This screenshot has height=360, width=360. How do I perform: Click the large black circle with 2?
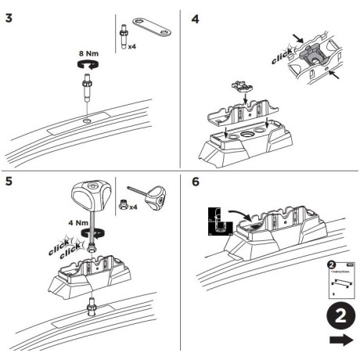pyautogui.click(x=337, y=319)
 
